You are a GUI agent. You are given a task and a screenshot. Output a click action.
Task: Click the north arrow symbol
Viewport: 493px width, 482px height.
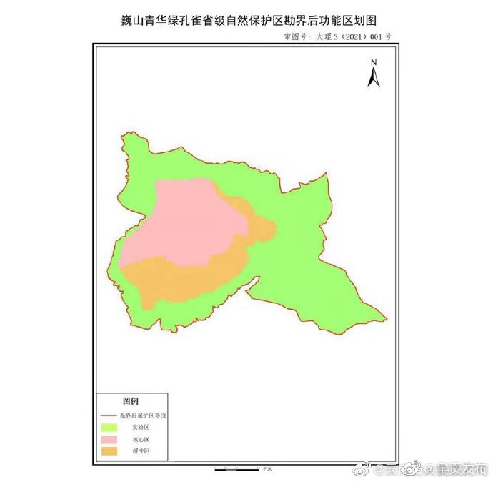373,77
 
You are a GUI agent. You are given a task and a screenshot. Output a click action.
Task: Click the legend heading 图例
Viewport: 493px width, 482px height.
130,400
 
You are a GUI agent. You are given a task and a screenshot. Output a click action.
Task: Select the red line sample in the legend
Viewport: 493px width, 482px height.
109,415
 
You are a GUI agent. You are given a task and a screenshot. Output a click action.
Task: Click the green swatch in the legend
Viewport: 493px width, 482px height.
109,427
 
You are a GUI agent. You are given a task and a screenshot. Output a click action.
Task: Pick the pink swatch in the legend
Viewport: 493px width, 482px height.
109,439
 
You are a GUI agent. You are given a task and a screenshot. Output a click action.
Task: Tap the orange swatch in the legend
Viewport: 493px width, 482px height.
109,451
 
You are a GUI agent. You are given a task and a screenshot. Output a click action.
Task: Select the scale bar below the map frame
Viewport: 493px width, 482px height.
236,469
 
